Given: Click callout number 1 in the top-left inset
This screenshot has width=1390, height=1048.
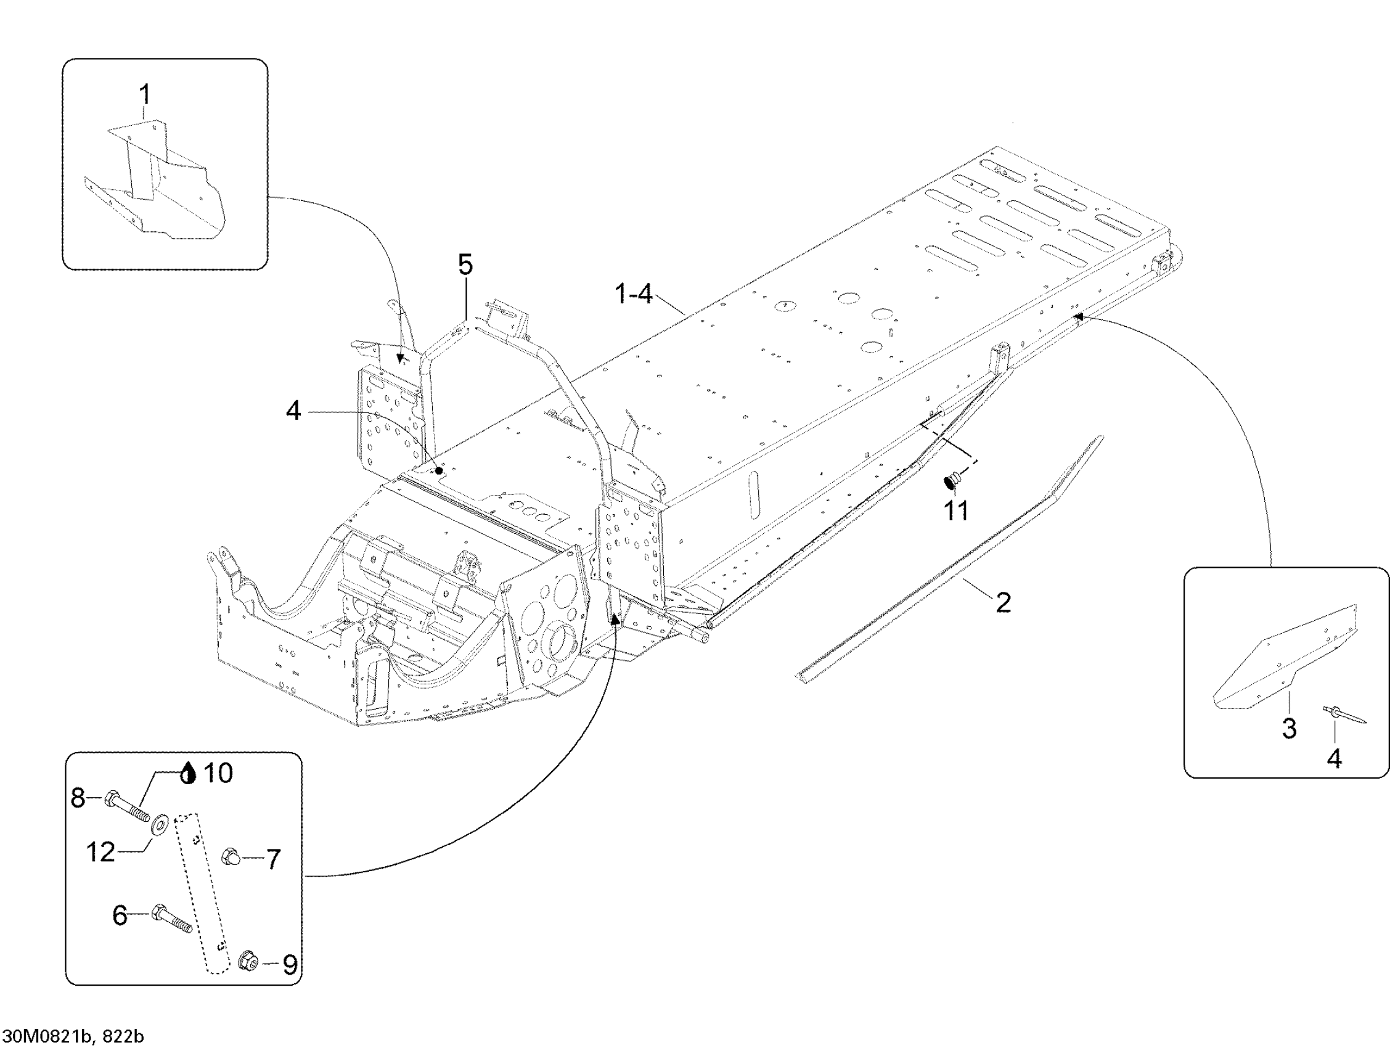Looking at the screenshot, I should point(144,95).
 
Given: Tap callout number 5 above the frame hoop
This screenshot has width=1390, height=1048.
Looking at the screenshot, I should point(464,265).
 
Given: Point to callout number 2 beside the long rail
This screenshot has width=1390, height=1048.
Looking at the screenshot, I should point(1004,602).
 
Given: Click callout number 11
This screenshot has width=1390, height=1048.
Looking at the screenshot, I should point(957,510).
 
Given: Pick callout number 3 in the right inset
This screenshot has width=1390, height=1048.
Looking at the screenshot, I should point(1289,728).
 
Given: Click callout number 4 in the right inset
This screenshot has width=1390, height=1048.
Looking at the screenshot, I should point(1334,758).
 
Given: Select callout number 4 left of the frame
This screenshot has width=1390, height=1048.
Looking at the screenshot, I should point(293,412).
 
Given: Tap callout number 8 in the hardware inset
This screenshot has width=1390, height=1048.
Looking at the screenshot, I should point(78,798).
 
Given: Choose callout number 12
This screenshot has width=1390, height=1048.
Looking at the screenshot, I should point(100,853).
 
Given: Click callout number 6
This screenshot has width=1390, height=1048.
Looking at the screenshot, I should point(120,915).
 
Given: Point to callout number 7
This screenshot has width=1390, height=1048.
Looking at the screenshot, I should point(272,859).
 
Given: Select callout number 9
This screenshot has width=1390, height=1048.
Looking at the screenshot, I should point(290,964).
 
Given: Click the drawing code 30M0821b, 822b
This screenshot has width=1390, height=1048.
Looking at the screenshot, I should point(73,1036).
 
